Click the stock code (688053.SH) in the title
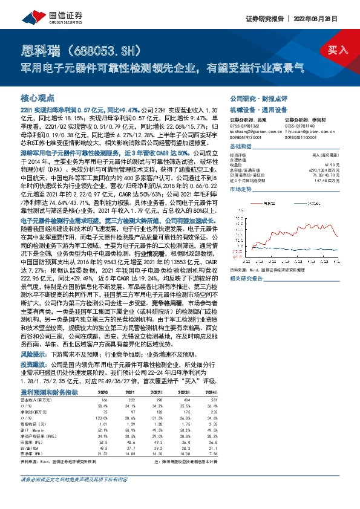click(107, 49)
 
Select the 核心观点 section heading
click(37, 97)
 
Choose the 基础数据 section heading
click(240, 147)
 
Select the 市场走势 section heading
click(240, 190)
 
